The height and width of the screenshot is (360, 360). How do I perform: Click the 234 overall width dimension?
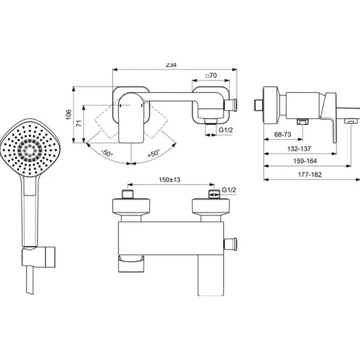171,65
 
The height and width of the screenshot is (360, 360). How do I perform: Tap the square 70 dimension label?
211,75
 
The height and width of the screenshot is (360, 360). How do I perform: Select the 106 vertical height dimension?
69,115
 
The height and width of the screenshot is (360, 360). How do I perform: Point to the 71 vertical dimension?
79,124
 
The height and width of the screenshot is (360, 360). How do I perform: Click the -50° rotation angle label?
107,153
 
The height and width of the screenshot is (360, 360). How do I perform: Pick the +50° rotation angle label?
153,153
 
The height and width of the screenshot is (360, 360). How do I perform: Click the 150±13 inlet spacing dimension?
170,179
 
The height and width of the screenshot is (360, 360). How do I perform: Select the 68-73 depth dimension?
283,134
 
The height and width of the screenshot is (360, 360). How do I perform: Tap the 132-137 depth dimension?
299,149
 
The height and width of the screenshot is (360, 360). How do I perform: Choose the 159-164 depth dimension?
305,161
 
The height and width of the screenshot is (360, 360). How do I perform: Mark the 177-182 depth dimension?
310,175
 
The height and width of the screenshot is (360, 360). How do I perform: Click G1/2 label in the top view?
226,130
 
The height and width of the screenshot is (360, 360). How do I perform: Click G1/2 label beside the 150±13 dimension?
229,190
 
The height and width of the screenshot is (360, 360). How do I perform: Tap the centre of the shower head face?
30,150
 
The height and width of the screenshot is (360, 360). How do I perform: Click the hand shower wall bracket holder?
38,257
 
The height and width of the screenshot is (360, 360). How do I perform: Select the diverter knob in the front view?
230,244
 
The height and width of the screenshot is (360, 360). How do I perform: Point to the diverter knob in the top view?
230,105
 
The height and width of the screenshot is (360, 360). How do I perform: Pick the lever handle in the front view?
210,275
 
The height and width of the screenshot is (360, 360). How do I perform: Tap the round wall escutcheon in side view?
271,105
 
